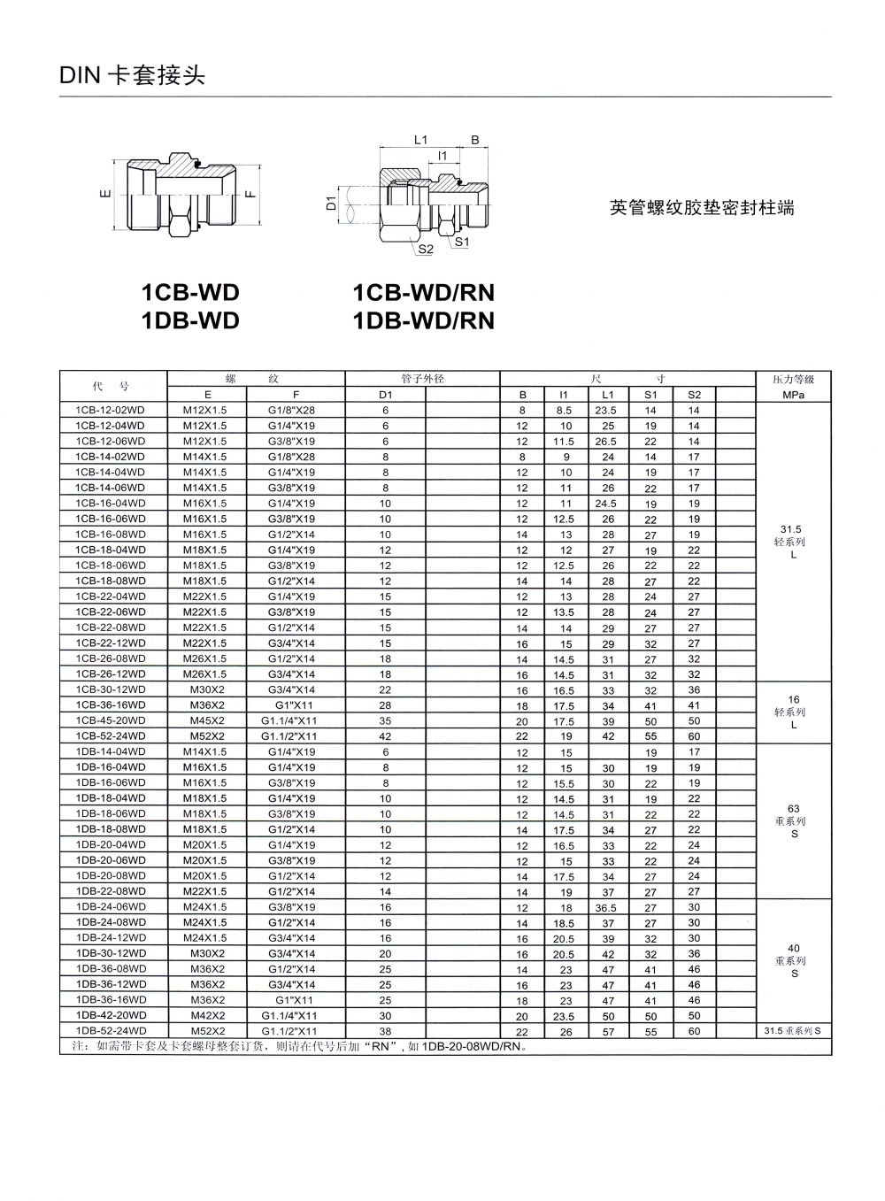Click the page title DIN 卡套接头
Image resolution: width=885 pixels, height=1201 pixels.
coord(133,76)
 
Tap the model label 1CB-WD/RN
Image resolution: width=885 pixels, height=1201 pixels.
coord(423,293)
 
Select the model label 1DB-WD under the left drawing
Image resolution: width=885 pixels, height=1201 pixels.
coord(190,320)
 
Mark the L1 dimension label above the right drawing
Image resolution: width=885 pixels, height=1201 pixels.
coord(421,140)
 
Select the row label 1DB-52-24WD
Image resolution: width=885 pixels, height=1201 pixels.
coord(111,1031)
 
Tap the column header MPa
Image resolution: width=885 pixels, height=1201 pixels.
coord(794,395)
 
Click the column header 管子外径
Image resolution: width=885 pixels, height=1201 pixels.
coord(422,379)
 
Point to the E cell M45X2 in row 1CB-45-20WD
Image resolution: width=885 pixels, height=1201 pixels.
coord(204,720)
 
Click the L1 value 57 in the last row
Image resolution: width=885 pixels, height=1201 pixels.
coord(608,1032)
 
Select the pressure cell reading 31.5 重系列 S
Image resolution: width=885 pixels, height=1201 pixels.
coord(793,1031)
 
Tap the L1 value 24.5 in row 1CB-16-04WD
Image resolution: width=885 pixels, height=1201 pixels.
coord(606,504)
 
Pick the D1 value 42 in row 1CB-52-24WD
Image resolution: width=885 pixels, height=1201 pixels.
coord(385,736)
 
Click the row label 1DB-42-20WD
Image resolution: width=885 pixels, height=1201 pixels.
coord(111,1015)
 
